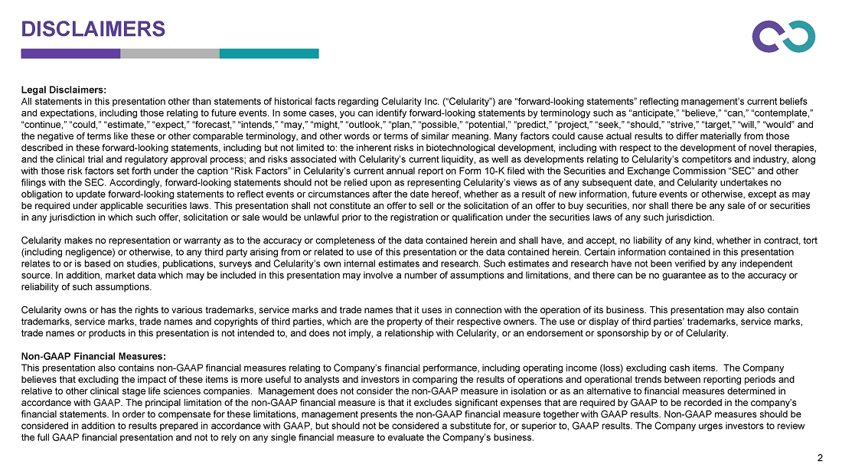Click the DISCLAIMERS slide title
coord(93,29)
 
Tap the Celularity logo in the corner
coord(783,36)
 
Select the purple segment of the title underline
coord(70,54)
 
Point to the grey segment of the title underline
coord(170,54)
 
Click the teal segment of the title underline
coord(269,54)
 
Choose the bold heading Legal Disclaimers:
coord(64,90)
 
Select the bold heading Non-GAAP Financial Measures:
coord(93,355)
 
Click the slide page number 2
coord(820,459)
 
